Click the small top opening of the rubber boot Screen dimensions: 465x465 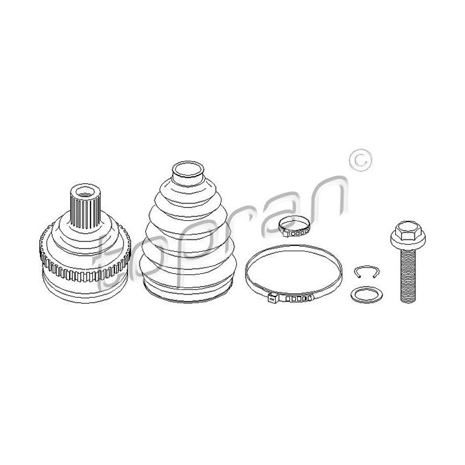coord(188,170)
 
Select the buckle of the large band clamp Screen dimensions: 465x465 coord(273,298)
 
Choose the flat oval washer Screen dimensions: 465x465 coord(367,294)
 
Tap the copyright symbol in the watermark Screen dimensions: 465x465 coord(360,160)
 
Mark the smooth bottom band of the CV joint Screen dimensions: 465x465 coord(85,289)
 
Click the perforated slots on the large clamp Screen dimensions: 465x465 coord(298,298)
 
